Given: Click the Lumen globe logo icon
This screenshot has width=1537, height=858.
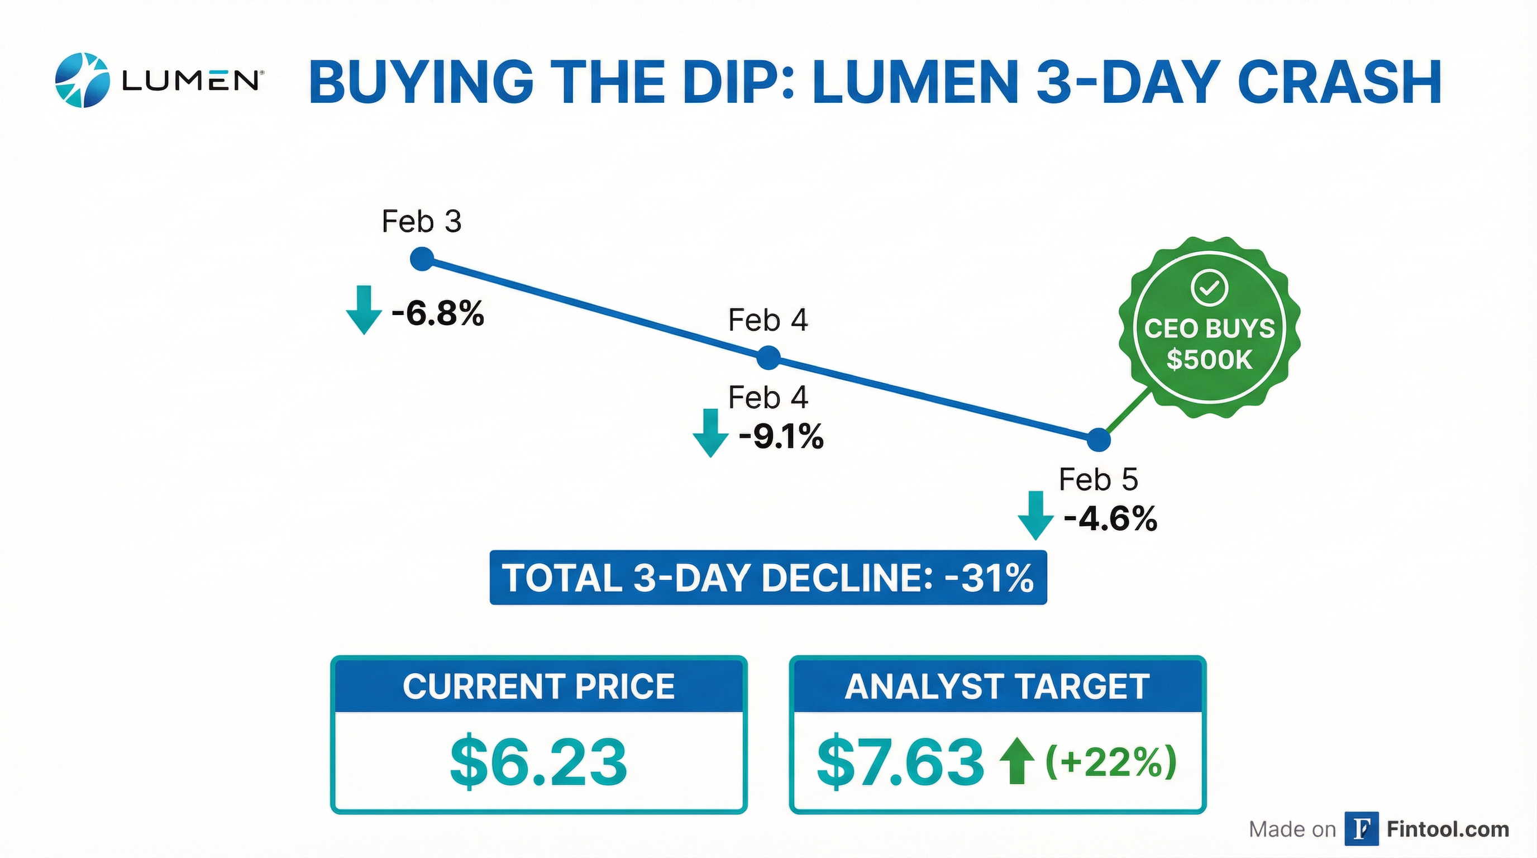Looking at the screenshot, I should tap(82, 80).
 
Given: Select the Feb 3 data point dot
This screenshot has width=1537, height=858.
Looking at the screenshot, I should tap(422, 259).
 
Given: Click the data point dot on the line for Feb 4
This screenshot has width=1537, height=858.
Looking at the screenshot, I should tap(768, 359).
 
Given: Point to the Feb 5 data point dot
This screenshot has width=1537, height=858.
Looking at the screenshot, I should tap(1099, 440).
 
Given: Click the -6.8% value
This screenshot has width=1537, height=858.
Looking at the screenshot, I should tap(437, 313).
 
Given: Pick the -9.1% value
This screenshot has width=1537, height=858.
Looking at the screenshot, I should tap(781, 437).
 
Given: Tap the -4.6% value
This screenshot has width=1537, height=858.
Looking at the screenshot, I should tap(1110, 518).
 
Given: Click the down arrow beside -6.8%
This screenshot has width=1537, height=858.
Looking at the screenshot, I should tap(364, 309).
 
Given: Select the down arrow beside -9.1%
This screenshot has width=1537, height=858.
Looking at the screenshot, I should tap(710, 433).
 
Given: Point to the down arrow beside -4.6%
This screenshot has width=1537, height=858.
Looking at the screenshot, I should tap(1035, 515).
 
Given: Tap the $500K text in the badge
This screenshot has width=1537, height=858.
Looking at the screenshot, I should tap(1209, 360).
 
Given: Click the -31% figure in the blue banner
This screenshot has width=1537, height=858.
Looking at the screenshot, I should tap(989, 578).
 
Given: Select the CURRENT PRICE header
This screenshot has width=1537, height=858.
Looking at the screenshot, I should tap(539, 686).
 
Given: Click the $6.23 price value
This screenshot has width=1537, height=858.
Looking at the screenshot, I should tap(539, 762).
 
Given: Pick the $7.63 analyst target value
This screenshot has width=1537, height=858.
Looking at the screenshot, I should tap(900, 762).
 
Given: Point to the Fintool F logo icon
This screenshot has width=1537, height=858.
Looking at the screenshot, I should tap(1362, 830).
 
